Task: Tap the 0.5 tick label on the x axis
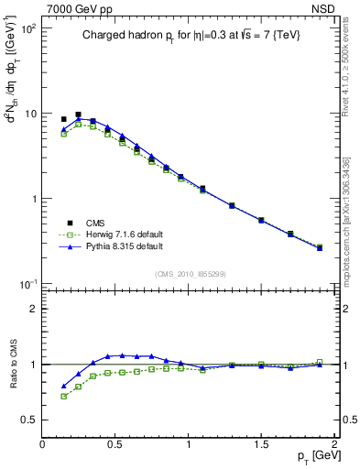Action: click(x=115, y=442)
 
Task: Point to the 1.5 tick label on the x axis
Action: click(x=261, y=442)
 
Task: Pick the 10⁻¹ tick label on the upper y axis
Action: click(x=27, y=284)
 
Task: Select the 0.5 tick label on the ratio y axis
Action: click(x=27, y=420)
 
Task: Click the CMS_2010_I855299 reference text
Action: click(x=188, y=275)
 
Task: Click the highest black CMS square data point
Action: click(x=78, y=115)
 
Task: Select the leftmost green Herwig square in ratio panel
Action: click(x=63, y=397)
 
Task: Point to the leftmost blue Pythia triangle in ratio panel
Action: click(x=63, y=387)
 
